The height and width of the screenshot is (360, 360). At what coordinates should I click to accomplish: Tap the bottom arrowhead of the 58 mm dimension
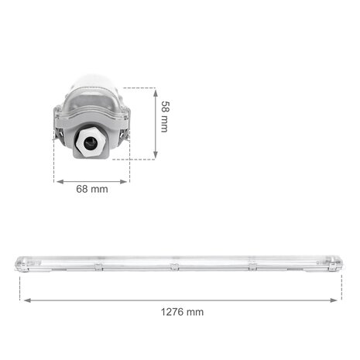155,157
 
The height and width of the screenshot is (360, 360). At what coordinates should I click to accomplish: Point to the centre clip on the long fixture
175,266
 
